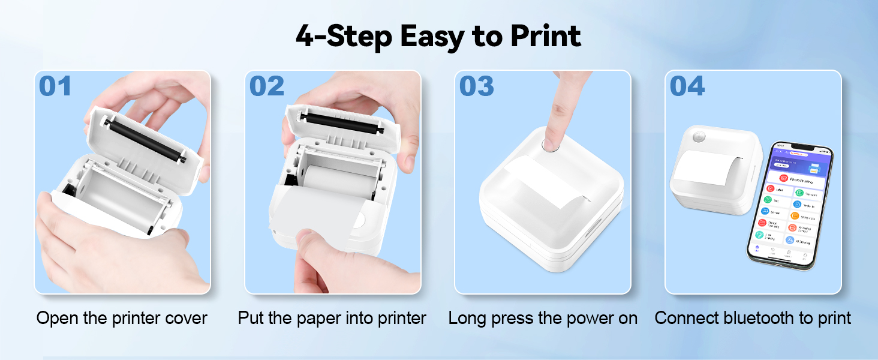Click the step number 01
[x=55, y=86]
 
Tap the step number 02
[x=266, y=86]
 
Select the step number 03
[x=477, y=86]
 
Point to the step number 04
[x=687, y=86]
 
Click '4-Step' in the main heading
[x=344, y=36]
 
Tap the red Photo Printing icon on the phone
[x=783, y=178]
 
